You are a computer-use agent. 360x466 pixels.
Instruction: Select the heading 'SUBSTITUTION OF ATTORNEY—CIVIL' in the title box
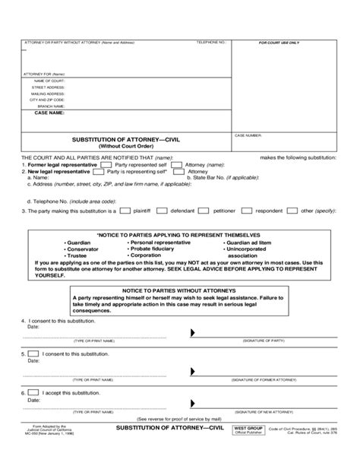coord(125,140)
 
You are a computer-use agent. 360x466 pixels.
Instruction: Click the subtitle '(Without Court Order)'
coord(125,146)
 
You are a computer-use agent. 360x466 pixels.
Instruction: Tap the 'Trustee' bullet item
coord(79,255)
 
